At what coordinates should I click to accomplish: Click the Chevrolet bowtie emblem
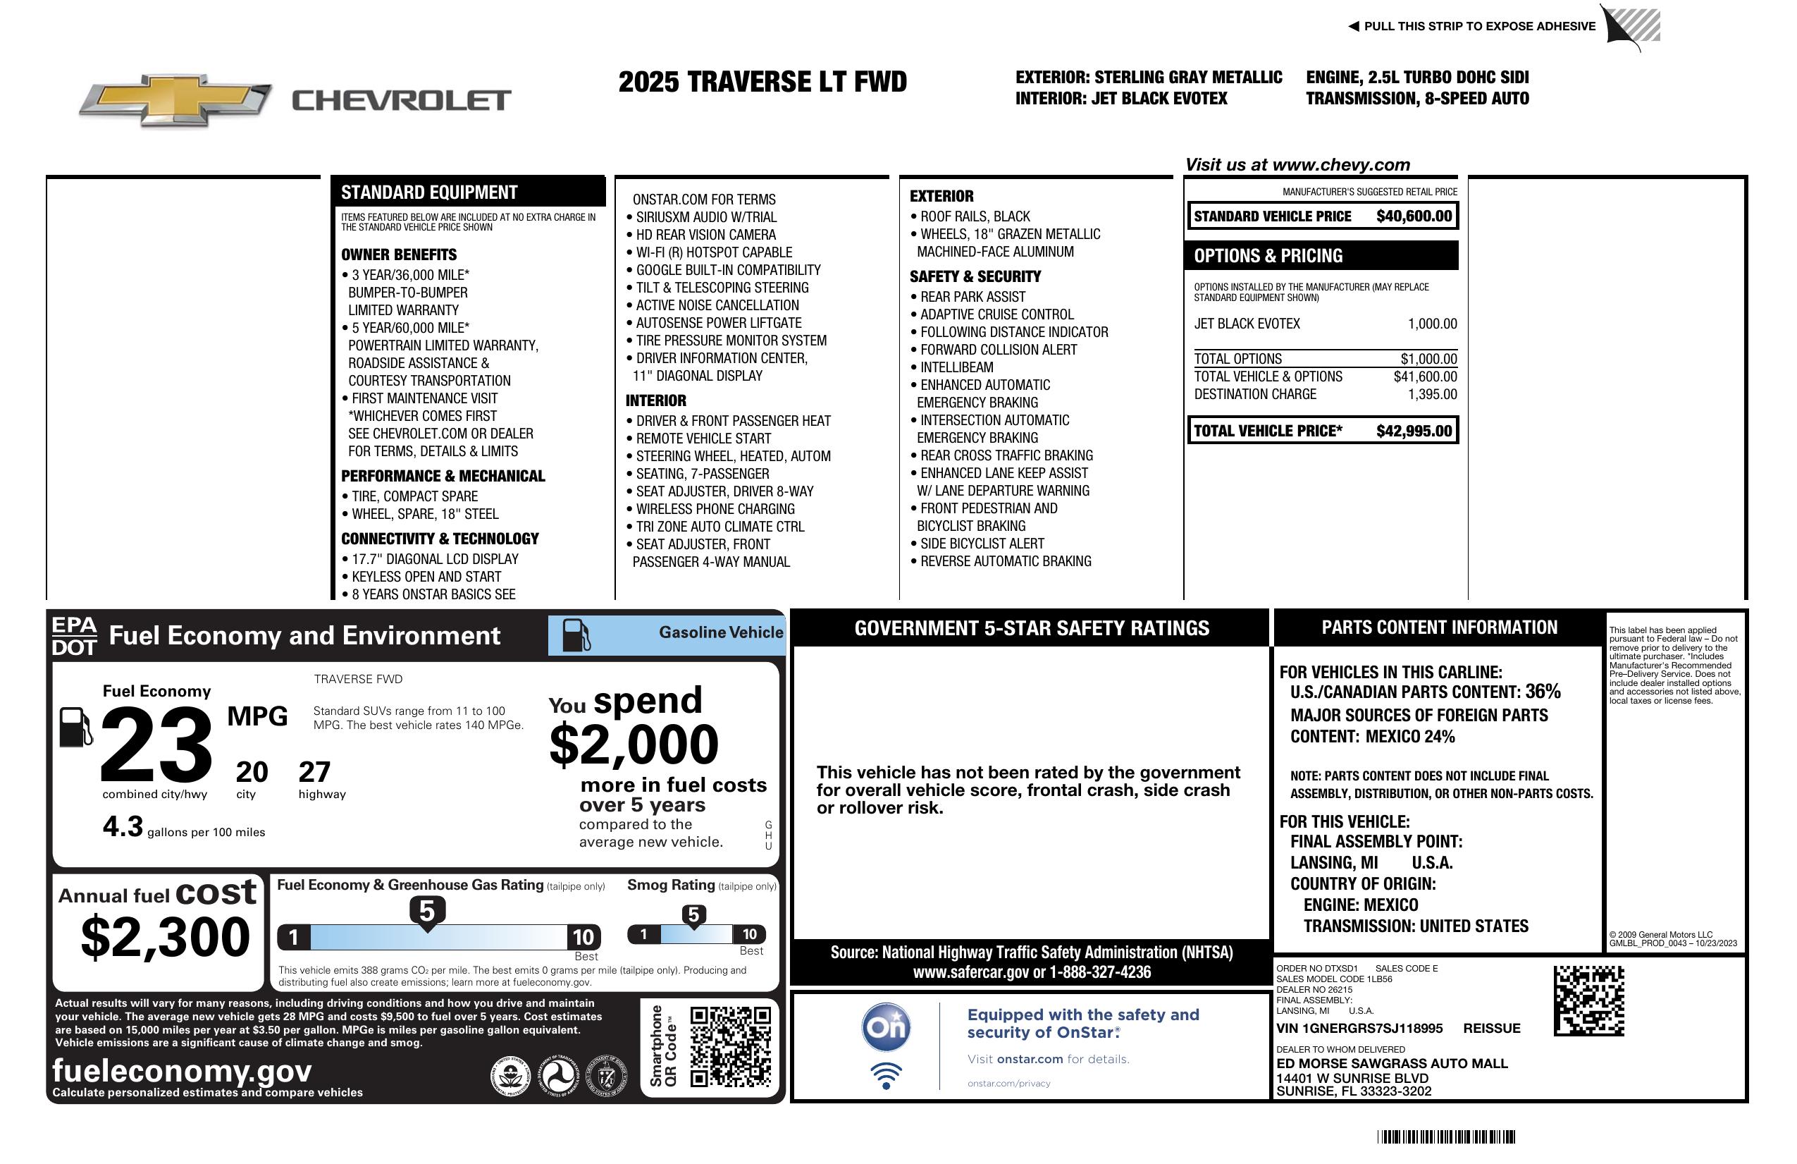175,99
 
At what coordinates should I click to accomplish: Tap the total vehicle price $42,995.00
1414,431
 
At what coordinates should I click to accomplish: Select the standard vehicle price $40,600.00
1414,216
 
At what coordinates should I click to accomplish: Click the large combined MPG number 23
156,744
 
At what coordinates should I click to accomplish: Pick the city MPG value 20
252,772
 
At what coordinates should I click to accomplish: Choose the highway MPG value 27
314,772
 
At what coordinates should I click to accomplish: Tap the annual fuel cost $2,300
166,938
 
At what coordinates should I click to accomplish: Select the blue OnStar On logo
886,1027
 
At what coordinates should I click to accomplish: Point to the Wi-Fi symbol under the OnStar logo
886,1076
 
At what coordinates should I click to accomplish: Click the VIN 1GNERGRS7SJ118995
1359,1029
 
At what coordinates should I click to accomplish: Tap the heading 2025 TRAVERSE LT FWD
762,82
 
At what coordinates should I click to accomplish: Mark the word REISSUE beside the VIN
1491,1029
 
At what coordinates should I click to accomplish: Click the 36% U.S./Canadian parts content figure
1543,692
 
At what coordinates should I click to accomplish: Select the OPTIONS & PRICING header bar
1321,256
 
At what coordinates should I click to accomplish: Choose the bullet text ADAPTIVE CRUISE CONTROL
996,315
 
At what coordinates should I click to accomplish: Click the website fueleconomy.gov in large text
182,1071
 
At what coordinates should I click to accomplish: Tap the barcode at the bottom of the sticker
1445,1137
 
